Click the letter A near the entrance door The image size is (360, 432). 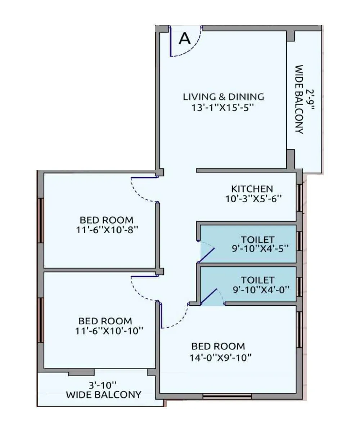pos(185,38)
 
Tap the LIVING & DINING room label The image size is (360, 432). pos(223,97)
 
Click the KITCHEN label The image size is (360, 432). pos(252,189)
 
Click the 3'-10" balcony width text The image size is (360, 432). pos(103,385)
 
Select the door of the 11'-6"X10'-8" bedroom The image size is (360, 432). pos(144,189)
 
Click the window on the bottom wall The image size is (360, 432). pos(227,396)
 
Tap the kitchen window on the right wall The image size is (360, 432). pos(299,198)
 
